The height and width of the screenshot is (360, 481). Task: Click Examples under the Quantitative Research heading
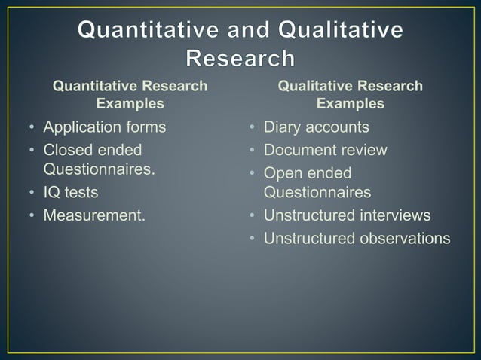pos(130,103)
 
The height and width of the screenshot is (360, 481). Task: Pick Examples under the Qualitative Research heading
pos(351,103)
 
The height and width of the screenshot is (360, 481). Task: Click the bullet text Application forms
pos(104,127)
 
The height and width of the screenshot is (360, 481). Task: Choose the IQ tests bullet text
pos(70,193)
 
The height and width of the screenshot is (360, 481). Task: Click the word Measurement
pos(93,215)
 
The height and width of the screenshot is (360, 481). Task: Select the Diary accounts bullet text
pos(316,127)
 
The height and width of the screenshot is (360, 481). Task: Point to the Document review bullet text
pos(325,149)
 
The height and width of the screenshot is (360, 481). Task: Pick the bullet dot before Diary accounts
pos(253,127)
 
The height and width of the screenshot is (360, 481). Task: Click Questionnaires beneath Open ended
pos(317,192)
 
